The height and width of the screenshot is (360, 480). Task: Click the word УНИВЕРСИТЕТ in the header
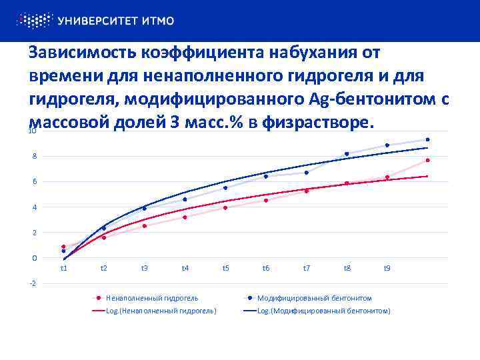coord(99,21)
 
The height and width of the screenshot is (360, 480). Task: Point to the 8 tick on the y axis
coord(35,156)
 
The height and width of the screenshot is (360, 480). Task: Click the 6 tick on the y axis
coord(35,181)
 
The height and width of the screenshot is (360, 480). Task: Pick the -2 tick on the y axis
coord(34,283)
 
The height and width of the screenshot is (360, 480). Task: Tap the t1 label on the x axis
coord(63,268)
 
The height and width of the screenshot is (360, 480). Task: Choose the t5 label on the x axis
coord(226,268)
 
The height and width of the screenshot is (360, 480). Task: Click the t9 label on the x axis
coord(387,268)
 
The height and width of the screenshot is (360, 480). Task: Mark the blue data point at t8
coord(347,154)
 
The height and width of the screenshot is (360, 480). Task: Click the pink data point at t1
coord(63,247)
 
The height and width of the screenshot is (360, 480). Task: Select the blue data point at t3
coord(144,208)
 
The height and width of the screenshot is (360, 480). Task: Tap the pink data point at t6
coord(266,200)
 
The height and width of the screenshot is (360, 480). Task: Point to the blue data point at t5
coord(225,188)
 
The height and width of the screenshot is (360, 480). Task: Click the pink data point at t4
coord(185,217)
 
